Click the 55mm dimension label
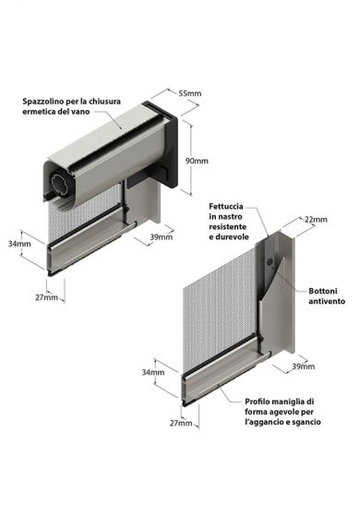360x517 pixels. [190, 94]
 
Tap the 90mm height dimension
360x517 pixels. [197, 161]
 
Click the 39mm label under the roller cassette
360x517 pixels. [161, 238]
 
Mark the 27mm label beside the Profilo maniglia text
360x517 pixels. [182, 424]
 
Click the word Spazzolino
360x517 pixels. [51, 101]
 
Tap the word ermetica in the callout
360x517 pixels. [47, 113]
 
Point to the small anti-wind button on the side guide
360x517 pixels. [269, 263]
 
